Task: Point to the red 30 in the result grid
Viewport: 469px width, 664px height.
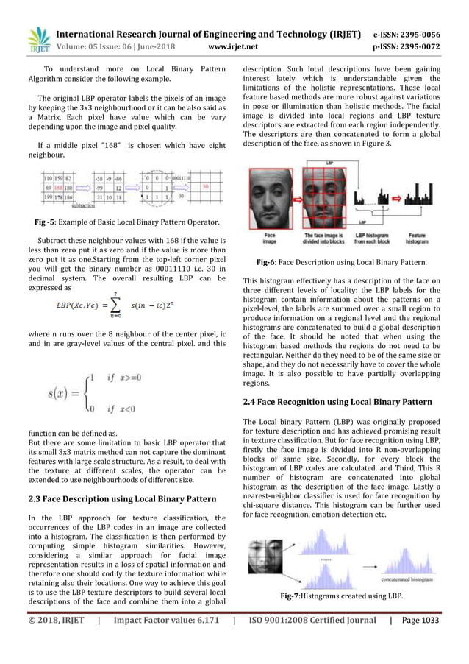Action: tap(206, 187)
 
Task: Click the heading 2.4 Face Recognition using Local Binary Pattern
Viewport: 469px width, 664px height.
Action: tap(349, 402)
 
